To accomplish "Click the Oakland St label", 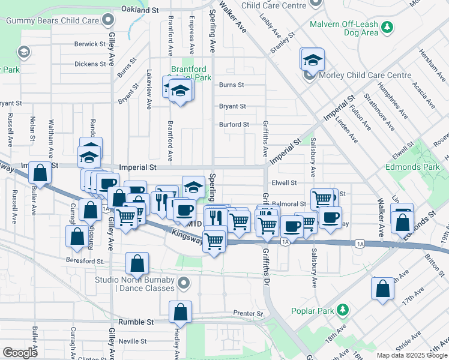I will (139, 10).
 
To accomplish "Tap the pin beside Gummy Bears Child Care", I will (108, 20).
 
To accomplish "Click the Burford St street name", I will (234, 125).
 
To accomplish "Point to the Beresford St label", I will (87, 261).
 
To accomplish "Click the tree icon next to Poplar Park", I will (343, 310).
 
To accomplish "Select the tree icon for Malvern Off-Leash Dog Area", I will (388, 26).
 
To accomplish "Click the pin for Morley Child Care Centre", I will (309, 76).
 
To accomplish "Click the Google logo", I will (20, 352).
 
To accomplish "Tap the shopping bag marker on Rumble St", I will (180, 312).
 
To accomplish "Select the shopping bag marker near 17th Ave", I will (382, 289).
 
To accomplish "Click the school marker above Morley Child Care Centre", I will (312, 59).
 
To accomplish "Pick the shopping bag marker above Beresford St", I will (77, 236).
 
